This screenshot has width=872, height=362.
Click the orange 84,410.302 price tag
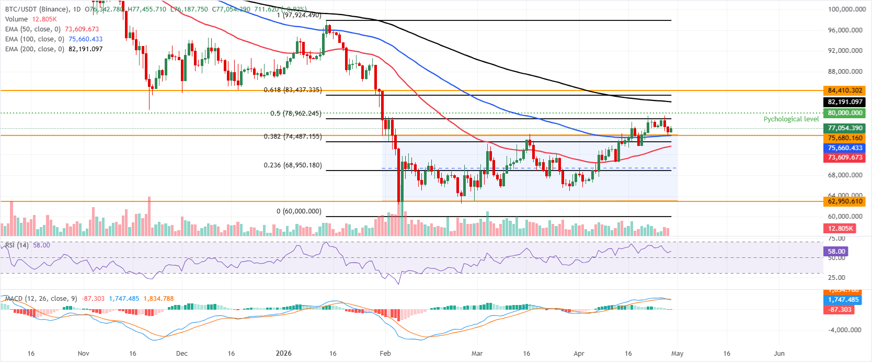click(844, 90)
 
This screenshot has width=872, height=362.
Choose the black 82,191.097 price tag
click(844, 102)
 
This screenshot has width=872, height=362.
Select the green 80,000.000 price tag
click(844, 113)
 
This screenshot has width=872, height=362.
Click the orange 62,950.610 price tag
click(844, 201)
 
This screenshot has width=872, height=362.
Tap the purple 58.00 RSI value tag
click(836, 252)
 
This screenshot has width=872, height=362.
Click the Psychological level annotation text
click(790, 119)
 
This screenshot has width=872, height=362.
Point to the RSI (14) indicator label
click(17, 245)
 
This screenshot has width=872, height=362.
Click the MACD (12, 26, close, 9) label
click(41, 299)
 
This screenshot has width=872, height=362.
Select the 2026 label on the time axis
click(283, 353)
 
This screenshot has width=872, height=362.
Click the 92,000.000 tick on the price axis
click(845, 51)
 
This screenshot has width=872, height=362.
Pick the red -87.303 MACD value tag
click(840, 310)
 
